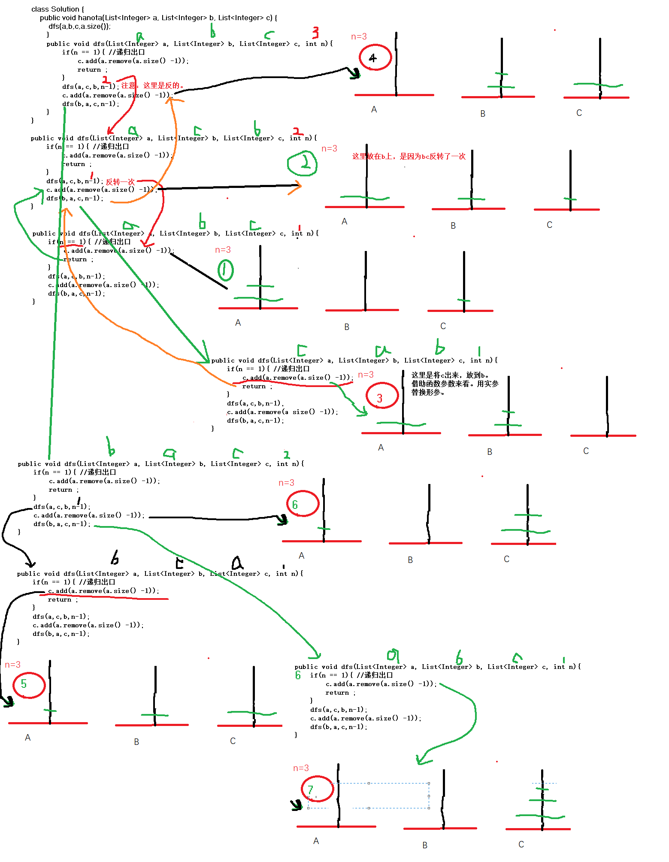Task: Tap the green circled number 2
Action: (x=303, y=163)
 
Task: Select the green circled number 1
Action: (x=225, y=270)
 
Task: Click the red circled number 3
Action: (x=381, y=396)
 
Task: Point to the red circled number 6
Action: (x=303, y=504)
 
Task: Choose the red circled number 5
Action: (x=28, y=685)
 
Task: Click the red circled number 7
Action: (x=317, y=789)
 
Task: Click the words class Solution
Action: (x=55, y=9)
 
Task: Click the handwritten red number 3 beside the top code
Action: (x=315, y=32)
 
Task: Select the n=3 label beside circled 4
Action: (x=359, y=36)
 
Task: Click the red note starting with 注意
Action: (x=152, y=85)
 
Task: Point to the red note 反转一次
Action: (x=120, y=182)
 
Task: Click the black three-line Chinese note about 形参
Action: (x=455, y=384)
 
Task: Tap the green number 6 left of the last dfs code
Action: (x=298, y=675)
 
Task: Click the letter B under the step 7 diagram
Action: (x=425, y=845)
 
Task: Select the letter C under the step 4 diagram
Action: (x=579, y=113)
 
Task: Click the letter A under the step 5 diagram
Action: (x=28, y=738)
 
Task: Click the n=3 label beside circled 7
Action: (x=301, y=768)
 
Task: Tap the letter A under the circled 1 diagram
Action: (x=238, y=323)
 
